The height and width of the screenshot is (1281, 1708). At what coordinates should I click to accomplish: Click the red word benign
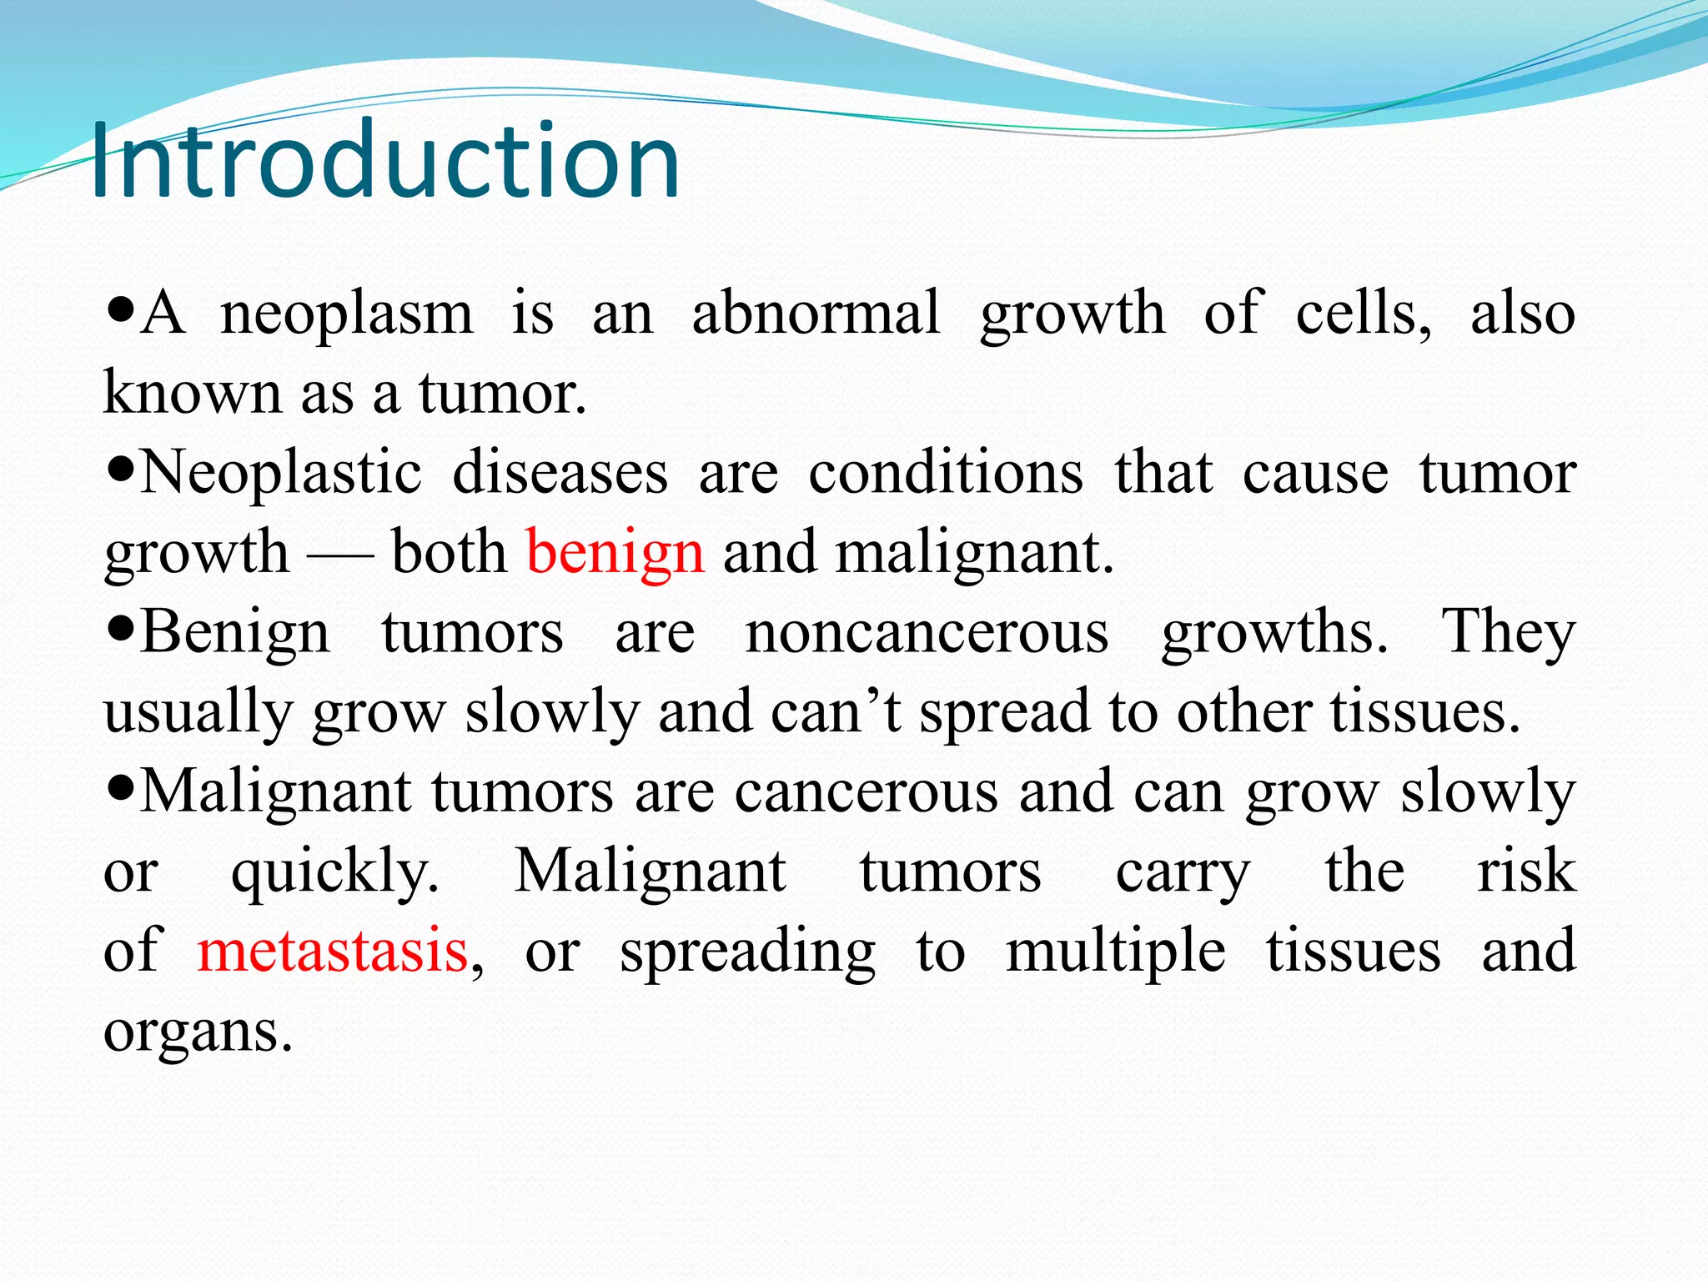tap(615, 554)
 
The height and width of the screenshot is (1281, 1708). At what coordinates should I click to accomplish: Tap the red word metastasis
tap(332, 952)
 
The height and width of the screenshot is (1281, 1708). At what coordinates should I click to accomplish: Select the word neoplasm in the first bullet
tap(346, 315)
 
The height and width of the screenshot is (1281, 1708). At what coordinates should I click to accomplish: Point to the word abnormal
tap(816, 314)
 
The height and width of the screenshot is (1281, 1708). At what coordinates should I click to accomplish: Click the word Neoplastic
tap(280, 473)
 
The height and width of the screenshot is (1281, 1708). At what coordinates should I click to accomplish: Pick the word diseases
tap(560, 473)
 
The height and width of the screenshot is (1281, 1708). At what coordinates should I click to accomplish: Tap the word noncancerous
tap(927, 632)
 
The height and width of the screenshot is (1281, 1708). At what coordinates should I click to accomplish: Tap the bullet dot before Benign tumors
tap(122, 632)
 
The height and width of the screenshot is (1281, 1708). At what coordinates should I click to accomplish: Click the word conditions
tap(946, 473)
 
